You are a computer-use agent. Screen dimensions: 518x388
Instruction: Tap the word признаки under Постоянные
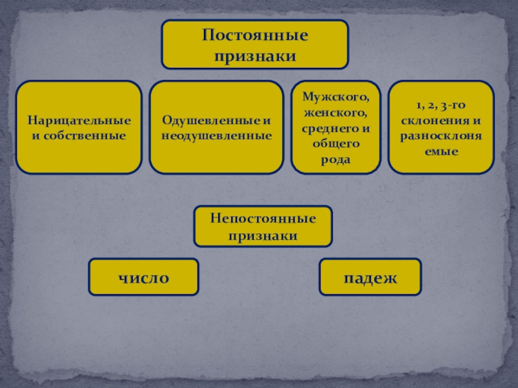pos(254,56)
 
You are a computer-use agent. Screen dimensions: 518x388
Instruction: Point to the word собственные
pos(84,136)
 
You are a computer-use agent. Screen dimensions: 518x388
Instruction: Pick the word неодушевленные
pos(216,136)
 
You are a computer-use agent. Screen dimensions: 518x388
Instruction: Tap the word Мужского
pos(335,97)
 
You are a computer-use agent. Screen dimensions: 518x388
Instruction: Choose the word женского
pos(335,113)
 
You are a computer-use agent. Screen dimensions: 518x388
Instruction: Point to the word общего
pos(335,144)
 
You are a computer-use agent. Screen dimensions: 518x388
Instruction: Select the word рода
pos(335,159)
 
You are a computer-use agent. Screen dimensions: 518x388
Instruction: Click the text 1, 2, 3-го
pos(440,105)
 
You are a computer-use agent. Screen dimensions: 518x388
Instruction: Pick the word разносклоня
pos(440,136)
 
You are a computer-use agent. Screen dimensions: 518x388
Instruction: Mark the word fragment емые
pos(440,152)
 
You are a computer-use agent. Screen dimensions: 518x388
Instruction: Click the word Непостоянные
pos(263,219)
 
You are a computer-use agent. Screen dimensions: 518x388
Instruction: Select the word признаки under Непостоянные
pos(263,236)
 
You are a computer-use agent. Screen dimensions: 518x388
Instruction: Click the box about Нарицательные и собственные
pos(79,155)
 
